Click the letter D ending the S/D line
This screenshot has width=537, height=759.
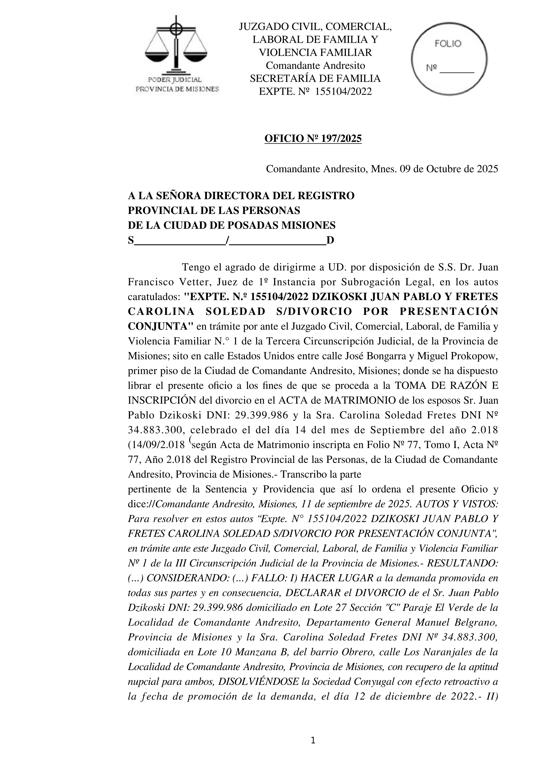click(x=330, y=240)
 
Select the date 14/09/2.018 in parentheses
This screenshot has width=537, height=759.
click(x=160, y=445)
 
